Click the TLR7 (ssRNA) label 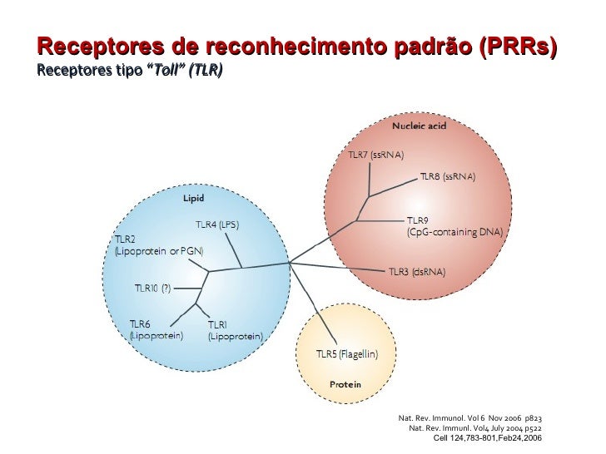point(375,155)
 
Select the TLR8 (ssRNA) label point(447,177)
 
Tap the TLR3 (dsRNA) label point(417,272)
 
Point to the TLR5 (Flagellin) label point(347,353)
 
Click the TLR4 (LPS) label point(222,225)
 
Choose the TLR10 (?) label point(152,289)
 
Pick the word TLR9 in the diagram point(417,220)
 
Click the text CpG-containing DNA point(454,233)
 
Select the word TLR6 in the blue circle point(140,323)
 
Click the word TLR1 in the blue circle point(217,324)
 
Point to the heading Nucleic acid point(420,126)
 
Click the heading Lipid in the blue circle point(194,198)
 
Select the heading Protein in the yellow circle point(345,385)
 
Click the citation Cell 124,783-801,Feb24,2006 point(488,437)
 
